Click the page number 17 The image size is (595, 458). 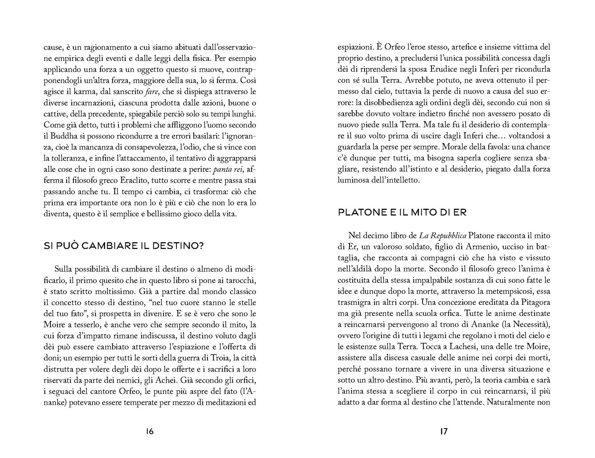coord(444,432)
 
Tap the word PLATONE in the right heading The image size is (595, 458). coord(361,212)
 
